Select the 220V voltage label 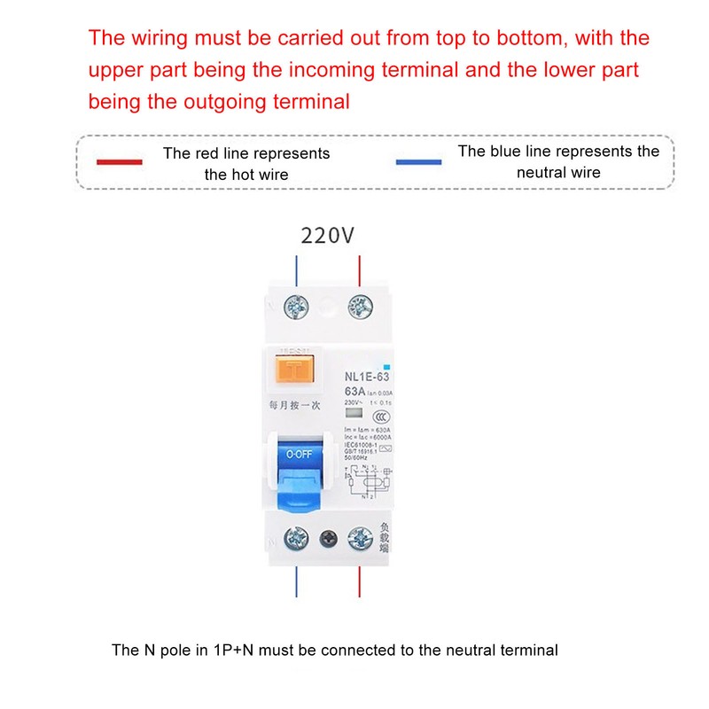coord(328,237)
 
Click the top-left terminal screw coord(294,308)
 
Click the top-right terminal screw coord(359,308)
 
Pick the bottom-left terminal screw coord(294,537)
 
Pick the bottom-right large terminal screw coord(360,537)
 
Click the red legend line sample coord(120,162)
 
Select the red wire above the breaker coord(359,271)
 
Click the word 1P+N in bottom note coord(234,651)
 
